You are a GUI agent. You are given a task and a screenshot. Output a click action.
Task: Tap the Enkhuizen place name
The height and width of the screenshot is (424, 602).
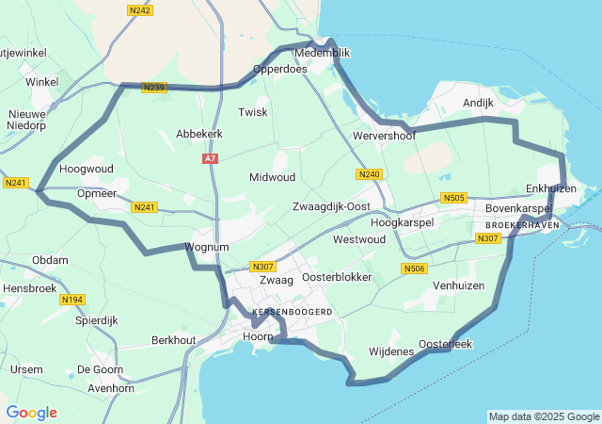click(549, 188)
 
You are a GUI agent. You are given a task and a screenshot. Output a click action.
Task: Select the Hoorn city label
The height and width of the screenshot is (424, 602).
click(257, 336)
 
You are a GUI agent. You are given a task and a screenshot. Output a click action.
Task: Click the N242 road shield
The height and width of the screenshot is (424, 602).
click(138, 9)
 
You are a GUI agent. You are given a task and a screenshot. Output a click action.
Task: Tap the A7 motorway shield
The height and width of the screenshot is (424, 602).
click(210, 159)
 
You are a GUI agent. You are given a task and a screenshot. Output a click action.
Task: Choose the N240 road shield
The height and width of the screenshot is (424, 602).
click(369, 174)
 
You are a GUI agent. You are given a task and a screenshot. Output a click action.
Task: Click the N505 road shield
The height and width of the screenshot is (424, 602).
click(453, 198)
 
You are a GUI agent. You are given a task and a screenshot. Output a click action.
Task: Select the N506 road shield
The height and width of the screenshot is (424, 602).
click(414, 269)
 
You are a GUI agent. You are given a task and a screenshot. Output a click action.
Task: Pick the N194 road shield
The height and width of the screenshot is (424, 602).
click(71, 299)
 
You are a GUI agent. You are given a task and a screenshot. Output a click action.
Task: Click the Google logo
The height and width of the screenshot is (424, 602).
click(31, 413)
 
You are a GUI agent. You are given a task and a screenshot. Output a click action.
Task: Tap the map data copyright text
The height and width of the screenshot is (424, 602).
click(544, 416)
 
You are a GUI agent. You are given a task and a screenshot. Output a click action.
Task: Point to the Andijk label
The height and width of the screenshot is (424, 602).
click(478, 102)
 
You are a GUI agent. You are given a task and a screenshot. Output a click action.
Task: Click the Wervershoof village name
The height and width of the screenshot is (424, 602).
click(384, 136)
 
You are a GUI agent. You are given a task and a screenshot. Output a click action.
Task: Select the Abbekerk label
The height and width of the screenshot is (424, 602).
click(198, 135)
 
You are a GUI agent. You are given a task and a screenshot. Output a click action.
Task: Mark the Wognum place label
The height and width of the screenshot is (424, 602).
click(207, 247)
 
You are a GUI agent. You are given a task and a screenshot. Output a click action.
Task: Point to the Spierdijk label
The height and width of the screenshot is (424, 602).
click(97, 320)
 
